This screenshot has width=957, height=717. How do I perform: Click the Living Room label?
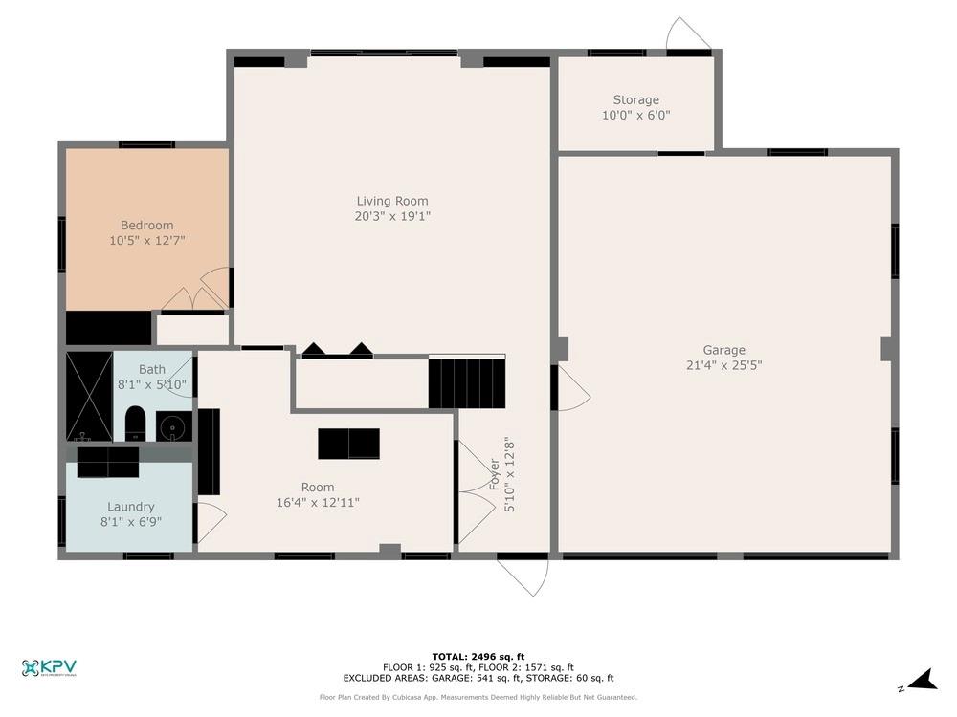click(392, 201)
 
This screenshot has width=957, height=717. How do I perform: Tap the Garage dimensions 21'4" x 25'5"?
click(723, 364)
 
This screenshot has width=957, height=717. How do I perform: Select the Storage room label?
click(636, 99)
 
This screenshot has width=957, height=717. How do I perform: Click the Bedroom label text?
click(146, 226)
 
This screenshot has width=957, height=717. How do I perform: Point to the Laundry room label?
click(130, 507)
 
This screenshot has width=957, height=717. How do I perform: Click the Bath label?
click(151, 369)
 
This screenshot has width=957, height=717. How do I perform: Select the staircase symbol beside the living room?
click(466, 381)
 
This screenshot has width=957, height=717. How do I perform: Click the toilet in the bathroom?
click(135, 424)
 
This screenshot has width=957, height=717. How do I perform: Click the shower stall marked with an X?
click(89, 397)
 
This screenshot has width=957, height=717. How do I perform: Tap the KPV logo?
click(49, 668)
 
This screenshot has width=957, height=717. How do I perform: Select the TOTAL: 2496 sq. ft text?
click(478, 656)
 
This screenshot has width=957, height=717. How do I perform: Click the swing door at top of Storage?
click(687, 34)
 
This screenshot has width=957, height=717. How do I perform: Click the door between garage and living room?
click(571, 389)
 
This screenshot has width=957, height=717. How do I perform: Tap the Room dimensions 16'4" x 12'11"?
click(318, 502)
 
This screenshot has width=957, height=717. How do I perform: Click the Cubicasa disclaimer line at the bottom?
click(478, 697)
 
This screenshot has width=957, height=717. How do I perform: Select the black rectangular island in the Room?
click(348, 444)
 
